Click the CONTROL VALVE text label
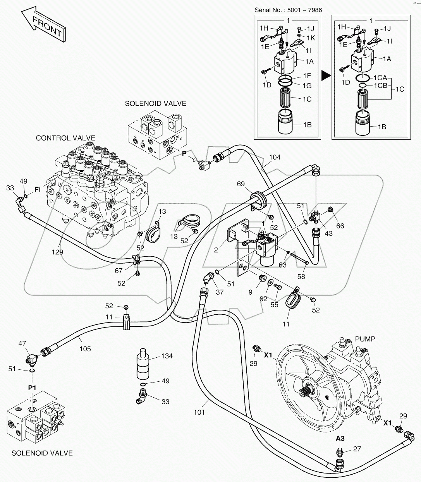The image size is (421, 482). tap(65, 138)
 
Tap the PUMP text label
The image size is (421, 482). tap(365, 339)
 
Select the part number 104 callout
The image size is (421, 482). tap(275, 157)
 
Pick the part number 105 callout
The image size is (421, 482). tap(85, 349)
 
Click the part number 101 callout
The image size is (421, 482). tap(199, 412)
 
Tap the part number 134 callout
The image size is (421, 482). tap(167, 356)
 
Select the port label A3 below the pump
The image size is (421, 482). tap(340, 438)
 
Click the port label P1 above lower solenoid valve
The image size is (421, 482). tap(32, 388)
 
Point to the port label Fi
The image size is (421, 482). tap(38, 190)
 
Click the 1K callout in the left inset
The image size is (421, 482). tap(311, 38)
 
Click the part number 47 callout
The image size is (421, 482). tap(22, 343)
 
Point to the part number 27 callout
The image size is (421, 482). tap(357, 449)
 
